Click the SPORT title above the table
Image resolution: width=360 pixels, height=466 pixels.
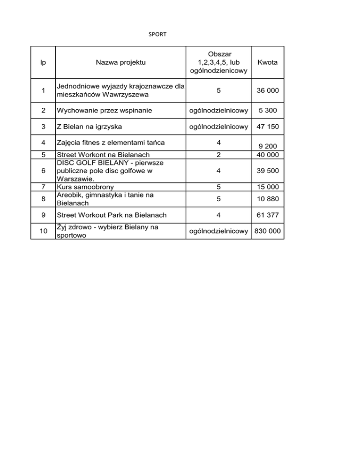pyautogui.click(x=157, y=34)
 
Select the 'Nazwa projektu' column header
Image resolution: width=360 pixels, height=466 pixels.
pyautogui.click(x=120, y=62)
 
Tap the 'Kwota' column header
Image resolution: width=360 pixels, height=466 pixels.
pyautogui.click(x=268, y=62)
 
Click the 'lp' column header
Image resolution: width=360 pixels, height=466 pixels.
pyautogui.click(x=43, y=62)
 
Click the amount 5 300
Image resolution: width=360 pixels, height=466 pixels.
pyautogui.click(x=268, y=112)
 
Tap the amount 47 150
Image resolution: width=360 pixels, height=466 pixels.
pyautogui.click(x=268, y=127)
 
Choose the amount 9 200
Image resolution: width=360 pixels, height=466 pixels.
pyautogui.click(x=268, y=147)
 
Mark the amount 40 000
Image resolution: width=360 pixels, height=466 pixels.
pyautogui.click(x=268, y=154)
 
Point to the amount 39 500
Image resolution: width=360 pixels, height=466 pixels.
pyautogui.click(x=268, y=171)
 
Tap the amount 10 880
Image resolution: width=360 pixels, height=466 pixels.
pyautogui.click(x=268, y=199)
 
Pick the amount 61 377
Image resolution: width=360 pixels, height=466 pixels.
pyautogui.click(x=268, y=216)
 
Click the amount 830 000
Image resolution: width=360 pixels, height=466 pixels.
pyautogui.click(x=268, y=231)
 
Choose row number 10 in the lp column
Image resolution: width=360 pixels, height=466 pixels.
pyautogui.click(x=43, y=231)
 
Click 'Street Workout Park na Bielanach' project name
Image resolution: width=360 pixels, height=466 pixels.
pyautogui.click(x=111, y=216)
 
